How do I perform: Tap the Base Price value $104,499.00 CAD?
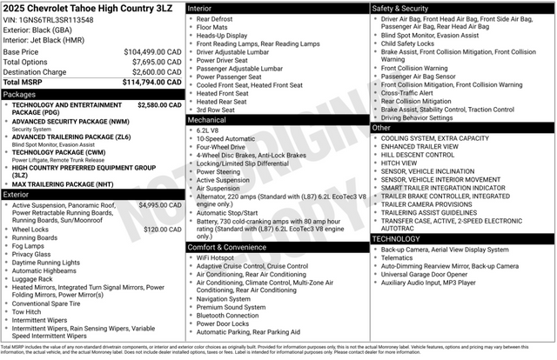pos(152,52)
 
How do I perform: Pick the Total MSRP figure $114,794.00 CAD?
pos(151,83)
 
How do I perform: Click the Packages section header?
pos(19,94)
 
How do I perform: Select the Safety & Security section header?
pos(401,8)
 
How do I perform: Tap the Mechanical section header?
pos(207,120)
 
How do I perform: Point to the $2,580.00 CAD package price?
pos(159,104)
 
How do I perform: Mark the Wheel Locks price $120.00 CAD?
pos(162,229)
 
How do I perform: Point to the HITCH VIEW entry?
pos(400,163)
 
